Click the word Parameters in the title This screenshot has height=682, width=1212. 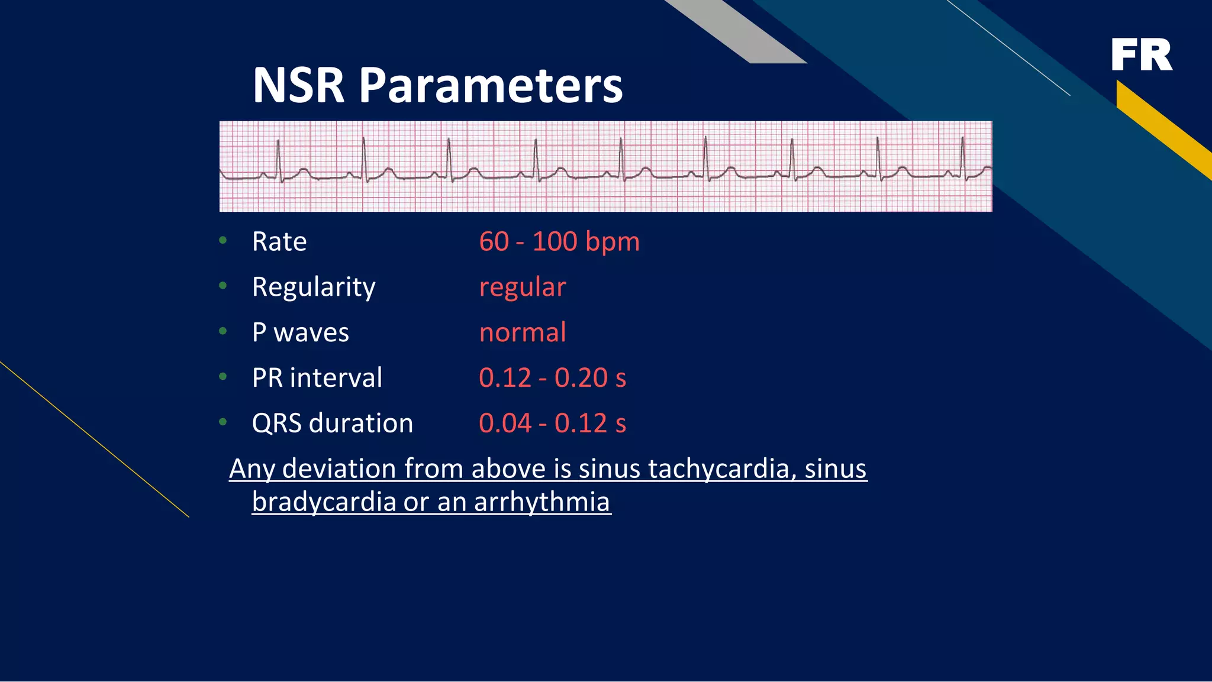click(x=491, y=86)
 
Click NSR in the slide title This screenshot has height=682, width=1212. click(x=298, y=86)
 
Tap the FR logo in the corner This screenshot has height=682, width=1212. click(x=1141, y=55)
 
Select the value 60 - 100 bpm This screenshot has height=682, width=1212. click(x=559, y=242)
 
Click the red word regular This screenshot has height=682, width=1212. click(x=522, y=287)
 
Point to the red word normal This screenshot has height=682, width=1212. click(x=522, y=332)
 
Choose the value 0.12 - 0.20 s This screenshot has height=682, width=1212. click(x=552, y=378)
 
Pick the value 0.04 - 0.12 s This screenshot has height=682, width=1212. click(x=552, y=424)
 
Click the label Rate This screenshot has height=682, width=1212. click(x=279, y=242)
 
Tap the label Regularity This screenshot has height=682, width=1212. click(x=313, y=287)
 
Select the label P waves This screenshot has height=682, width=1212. click(x=300, y=332)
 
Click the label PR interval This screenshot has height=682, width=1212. click(x=317, y=378)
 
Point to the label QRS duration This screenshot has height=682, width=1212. click(x=332, y=424)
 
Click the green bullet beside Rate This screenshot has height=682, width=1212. click(x=223, y=240)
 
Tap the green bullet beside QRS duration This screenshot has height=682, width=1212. click(x=223, y=422)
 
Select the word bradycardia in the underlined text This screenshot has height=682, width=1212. click(x=324, y=502)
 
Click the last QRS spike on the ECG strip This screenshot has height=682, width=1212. click(x=963, y=157)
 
